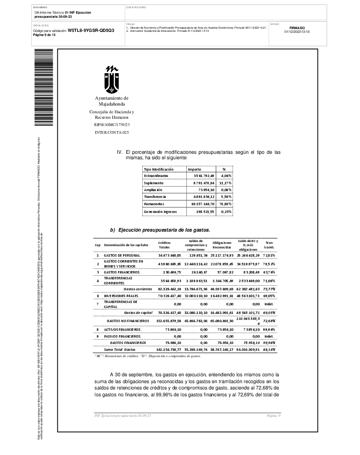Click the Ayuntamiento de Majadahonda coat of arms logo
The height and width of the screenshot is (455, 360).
tap(112, 80)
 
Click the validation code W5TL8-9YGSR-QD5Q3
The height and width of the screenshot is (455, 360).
tap(91, 30)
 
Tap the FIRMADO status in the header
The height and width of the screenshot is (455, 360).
tap(297, 28)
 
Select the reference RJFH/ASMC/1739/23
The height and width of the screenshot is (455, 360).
tap(112, 124)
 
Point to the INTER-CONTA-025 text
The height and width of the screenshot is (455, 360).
tap(112, 132)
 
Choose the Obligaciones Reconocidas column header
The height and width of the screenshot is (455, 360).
tap(222, 245)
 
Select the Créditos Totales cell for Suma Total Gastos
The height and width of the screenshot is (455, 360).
tap(169, 349)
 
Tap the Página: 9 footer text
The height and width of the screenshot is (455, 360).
tap(274, 416)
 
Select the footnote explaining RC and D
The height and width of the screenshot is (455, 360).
tap(147, 356)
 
